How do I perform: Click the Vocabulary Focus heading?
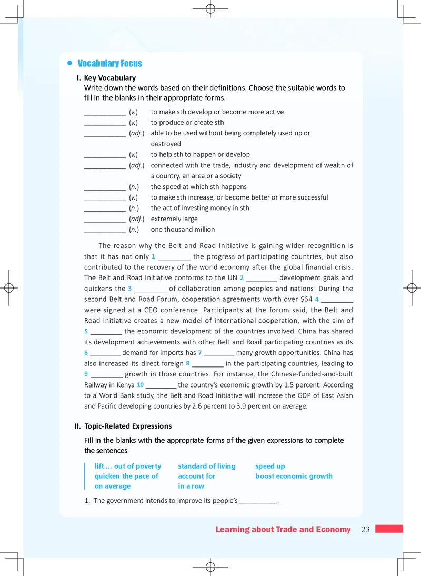(x=109, y=64)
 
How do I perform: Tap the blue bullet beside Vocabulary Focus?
(x=69, y=63)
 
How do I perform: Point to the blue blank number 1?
(x=153, y=256)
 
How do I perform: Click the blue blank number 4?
(x=317, y=299)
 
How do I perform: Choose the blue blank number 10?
(x=141, y=385)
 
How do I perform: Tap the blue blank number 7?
(x=200, y=353)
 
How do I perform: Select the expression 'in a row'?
(x=191, y=486)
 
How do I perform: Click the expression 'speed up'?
(x=270, y=466)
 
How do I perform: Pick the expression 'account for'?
(x=197, y=476)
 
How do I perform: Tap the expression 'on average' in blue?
(x=112, y=486)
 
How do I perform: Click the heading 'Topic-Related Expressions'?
(x=128, y=426)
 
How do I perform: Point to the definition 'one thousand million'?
(x=183, y=230)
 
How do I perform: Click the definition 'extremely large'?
(x=174, y=219)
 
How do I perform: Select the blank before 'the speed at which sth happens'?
(x=105, y=187)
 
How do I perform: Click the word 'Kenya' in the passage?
(x=124, y=385)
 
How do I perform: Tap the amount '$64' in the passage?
(x=306, y=299)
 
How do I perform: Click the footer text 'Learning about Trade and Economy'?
(x=283, y=530)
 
